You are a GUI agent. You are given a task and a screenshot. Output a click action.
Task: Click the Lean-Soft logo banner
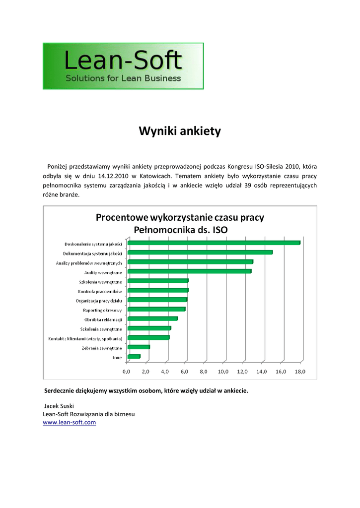123,66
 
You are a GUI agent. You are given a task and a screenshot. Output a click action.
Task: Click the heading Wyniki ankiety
179,131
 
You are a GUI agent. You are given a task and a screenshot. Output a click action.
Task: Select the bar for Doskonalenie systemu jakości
214,243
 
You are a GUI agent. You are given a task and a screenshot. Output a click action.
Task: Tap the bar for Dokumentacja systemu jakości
200,252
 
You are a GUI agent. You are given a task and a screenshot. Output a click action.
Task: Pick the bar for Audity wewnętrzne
190,271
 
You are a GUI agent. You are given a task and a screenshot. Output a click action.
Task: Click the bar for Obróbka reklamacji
152,318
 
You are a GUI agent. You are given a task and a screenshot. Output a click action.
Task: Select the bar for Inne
134,357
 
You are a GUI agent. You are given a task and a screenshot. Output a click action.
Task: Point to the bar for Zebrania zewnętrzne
139,347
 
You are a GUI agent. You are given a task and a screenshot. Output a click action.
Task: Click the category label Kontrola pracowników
100,291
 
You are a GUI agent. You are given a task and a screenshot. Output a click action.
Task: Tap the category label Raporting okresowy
102,310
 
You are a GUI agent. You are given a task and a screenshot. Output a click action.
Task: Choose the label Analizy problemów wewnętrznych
89,262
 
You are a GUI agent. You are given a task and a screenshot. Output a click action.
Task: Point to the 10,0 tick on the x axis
223,371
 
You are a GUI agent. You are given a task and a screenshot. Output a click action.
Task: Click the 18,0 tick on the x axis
300,371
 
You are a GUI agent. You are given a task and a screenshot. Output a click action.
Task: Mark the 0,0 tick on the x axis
127,371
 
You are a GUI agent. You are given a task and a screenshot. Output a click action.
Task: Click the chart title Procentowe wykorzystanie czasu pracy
180,217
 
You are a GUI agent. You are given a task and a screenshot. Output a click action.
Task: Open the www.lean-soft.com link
70,422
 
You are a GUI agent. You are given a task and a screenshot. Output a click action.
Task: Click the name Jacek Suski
59,406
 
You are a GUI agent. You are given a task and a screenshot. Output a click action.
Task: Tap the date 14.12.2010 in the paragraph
113,175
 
